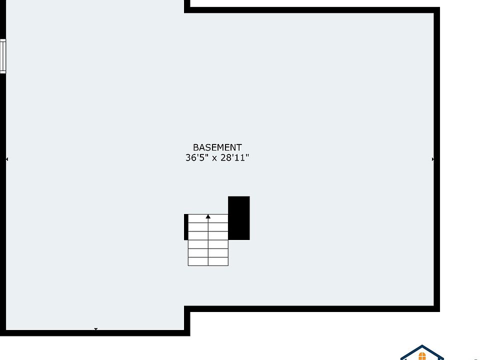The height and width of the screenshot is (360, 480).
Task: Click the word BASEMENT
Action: click(x=217, y=147)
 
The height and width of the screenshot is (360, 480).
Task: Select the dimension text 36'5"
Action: click(x=197, y=157)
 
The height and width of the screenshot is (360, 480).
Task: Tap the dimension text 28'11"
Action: click(x=234, y=157)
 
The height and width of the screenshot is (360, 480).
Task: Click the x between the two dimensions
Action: click(x=214, y=158)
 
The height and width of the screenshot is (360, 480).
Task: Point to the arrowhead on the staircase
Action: click(x=208, y=216)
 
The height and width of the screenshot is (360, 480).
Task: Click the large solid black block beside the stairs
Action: click(x=239, y=218)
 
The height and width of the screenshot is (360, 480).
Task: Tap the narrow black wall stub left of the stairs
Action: click(x=186, y=227)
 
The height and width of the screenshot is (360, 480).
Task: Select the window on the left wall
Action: click(x=3, y=56)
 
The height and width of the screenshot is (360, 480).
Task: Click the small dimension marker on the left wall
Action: click(x=6, y=159)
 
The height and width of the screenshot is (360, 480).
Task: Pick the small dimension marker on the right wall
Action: click(x=433, y=159)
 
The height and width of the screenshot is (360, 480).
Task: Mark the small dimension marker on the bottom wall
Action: click(x=96, y=329)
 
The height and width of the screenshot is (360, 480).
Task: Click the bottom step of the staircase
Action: click(x=208, y=261)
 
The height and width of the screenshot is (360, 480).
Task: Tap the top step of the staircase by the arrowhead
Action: click(x=208, y=218)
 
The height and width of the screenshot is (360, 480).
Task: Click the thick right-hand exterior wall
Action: click(x=437, y=159)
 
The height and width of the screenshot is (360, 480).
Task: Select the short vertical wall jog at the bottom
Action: click(x=187, y=321)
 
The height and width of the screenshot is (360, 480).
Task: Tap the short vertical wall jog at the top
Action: click(x=187, y=6)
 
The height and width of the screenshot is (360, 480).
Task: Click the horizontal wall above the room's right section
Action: click(x=312, y=10)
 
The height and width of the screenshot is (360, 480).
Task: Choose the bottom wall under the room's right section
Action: click(x=312, y=309)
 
